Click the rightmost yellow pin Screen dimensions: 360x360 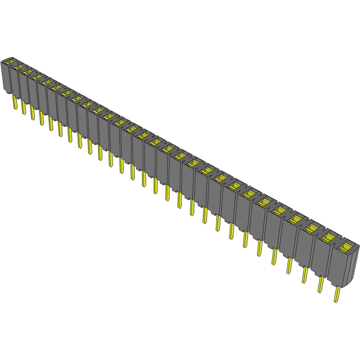click(337, 294)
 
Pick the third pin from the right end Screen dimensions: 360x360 click(305, 274)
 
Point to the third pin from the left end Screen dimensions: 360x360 click(32, 112)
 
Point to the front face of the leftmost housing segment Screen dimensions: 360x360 click(6, 77)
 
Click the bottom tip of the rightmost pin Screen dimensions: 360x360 click(335, 302)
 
